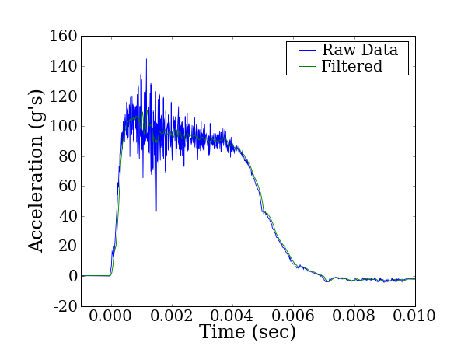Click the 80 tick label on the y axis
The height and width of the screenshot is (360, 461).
pyautogui.click(x=68, y=156)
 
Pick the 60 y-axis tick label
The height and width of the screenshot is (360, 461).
pyautogui.click(x=68, y=187)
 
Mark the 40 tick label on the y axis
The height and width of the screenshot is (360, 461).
pyautogui.click(x=68, y=216)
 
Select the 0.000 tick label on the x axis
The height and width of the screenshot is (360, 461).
pyautogui.click(x=111, y=318)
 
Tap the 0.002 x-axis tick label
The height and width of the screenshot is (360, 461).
pyautogui.click(x=172, y=318)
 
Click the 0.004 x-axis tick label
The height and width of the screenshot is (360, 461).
pyautogui.click(x=232, y=318)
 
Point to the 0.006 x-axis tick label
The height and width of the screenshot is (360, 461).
pyautogui.click(x=293, y=318)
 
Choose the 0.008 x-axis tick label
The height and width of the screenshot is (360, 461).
pyautogui.click(x=354, y=318)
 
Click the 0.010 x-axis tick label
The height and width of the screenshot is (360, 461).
pyautogui.click(x=414, y=318)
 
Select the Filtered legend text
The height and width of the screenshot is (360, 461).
pyautogui.click(x=352, y=67)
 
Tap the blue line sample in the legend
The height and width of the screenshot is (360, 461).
pyautogui.click(x=302, y=51)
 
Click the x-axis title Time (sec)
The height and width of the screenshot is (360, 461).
pyautogui.click(x=247, y=333)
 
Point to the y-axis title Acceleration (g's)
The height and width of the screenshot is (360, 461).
pyautogui.click(x=37, y=173)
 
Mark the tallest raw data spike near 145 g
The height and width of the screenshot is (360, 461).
pyautogui.click(x=145, y=60)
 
